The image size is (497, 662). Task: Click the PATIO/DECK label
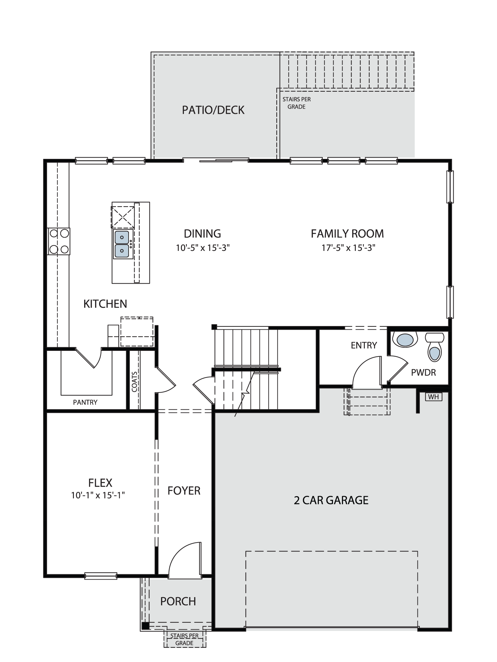(213, 110)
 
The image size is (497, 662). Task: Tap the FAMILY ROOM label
(347, 234)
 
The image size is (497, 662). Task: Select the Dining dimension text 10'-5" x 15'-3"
(203, 248)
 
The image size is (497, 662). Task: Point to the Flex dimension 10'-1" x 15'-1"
(98, 495)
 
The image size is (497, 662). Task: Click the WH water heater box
(433, 397)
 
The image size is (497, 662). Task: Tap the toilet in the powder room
(435, 347)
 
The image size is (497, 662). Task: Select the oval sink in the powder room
(405, 340)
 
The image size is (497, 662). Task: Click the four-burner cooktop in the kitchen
(59, 241)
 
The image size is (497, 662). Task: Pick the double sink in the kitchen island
(122, 245)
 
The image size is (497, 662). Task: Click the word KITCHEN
(105, 304)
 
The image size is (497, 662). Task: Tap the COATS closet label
(135, 382)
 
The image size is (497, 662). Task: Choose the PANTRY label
(85, 402)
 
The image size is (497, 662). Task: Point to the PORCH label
(178, 601)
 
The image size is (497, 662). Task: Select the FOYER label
(184, 491)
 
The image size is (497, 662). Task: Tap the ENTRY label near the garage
(364, 345)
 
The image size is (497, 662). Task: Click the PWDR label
(423, 372)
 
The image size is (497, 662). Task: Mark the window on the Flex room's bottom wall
(101, 576)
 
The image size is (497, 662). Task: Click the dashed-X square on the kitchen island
(123, 217)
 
